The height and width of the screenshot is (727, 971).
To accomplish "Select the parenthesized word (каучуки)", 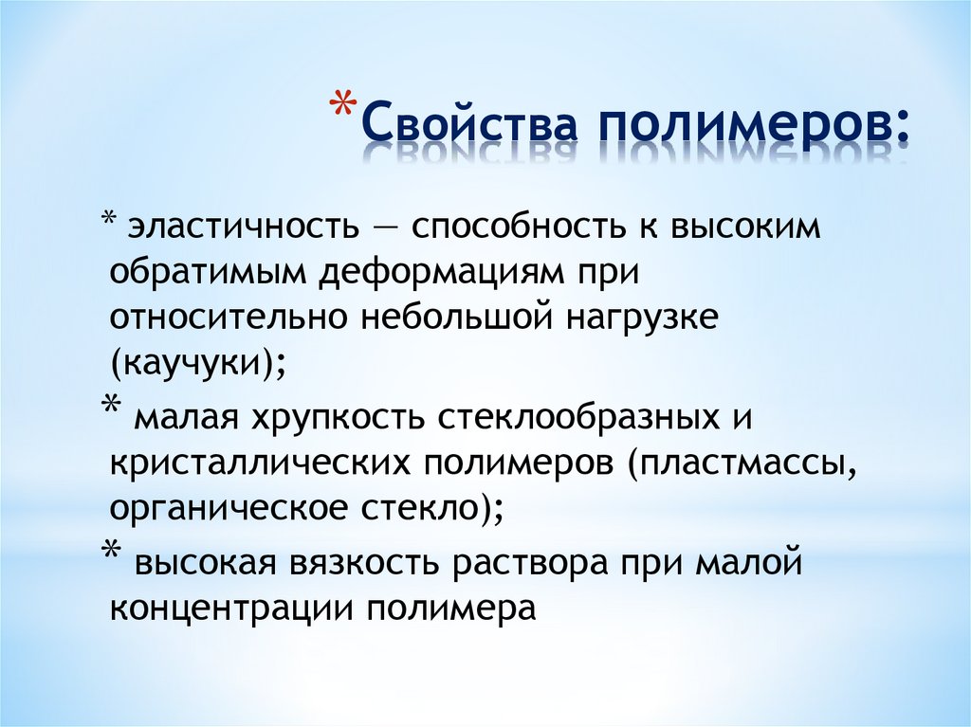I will click(x=198, y=363).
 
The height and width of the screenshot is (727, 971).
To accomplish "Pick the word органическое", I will click(x=228, y=508).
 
